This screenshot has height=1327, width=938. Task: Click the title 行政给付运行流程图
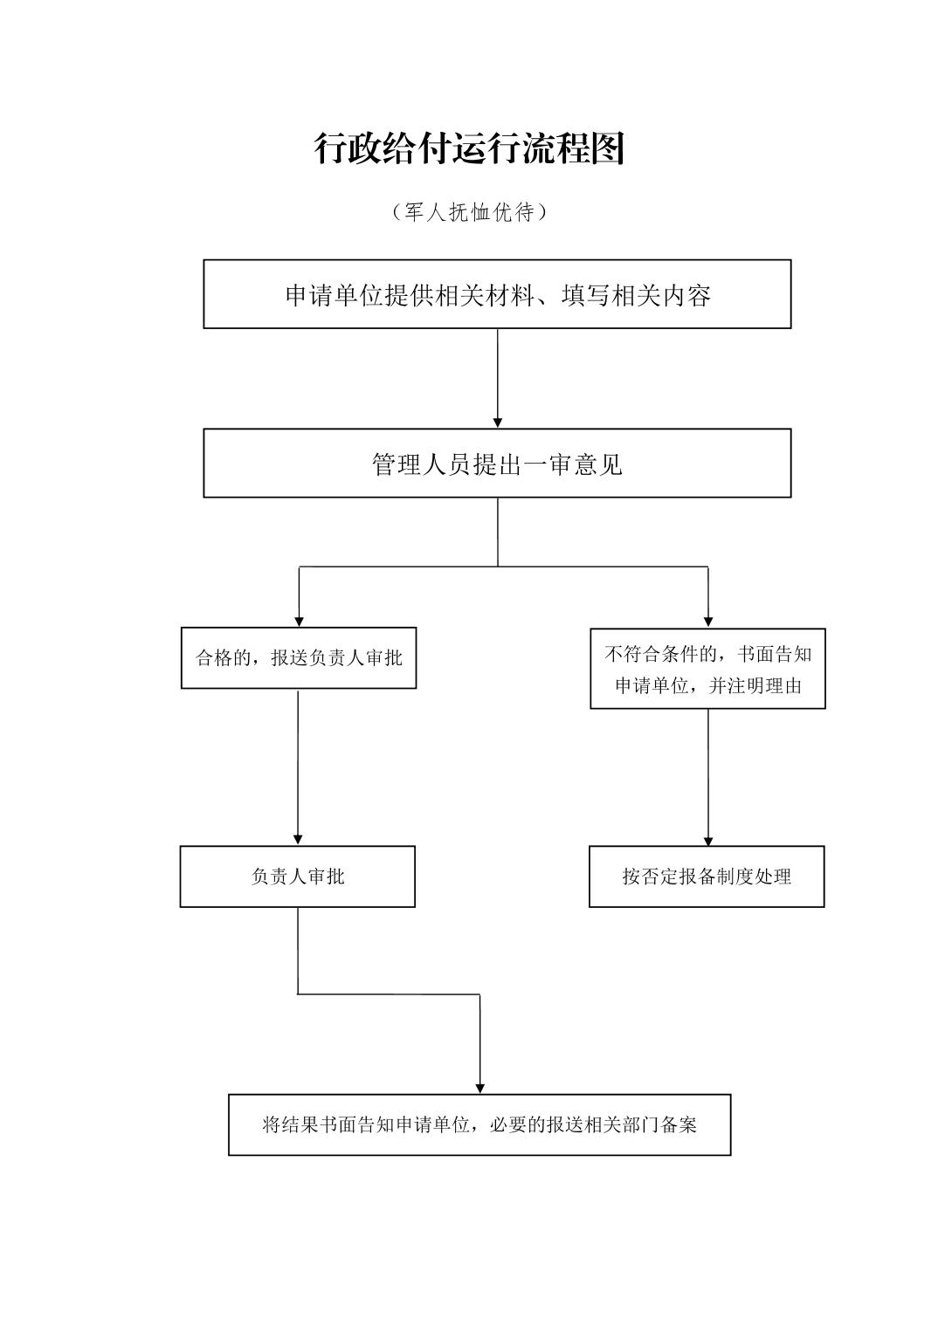[x=469, y=149]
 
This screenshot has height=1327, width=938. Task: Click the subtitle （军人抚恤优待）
[x=469, y=212]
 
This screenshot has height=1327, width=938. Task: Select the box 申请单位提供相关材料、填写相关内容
[x=497, y=294]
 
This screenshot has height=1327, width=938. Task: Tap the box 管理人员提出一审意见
[x=497, y=464]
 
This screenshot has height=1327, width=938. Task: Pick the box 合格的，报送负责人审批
[x=299, y=658]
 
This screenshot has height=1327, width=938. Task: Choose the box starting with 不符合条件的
[x=707, y=669]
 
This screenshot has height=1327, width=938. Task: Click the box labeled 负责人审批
[x=298, y=877]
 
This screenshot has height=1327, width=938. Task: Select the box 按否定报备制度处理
[x=707, y=877]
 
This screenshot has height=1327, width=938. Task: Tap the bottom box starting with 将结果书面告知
[x=479, y=1124]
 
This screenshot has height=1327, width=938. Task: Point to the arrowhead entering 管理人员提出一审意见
[x=498, y=423]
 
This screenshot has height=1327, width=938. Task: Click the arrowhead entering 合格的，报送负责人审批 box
[x=300, y=621]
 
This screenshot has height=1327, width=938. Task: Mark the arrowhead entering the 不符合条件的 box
[x=708, y=622]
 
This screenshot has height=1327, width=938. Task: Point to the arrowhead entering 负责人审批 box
[x=298, y=839]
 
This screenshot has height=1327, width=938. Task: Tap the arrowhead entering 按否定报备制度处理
[x=707, y=840]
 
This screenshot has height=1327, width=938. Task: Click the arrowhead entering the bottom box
[x=479, y=1088]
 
